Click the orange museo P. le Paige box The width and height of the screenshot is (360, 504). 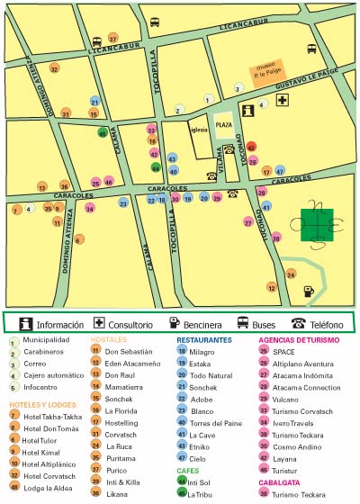click(x=269, y=69)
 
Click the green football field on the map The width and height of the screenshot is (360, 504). click(x=316, y=225)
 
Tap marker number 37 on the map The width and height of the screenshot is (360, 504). click(x=112, y=39)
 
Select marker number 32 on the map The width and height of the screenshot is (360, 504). click(x=54, y=68)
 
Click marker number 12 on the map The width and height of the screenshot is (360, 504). click(x=272, y=288)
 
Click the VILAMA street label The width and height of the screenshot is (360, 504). click(x=219, y=161)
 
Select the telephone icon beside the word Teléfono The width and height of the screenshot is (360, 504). click(x=297, y=323)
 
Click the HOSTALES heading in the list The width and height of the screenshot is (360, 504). click(x=108, y=340)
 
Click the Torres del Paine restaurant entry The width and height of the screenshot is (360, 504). click(x=214, y=422)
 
